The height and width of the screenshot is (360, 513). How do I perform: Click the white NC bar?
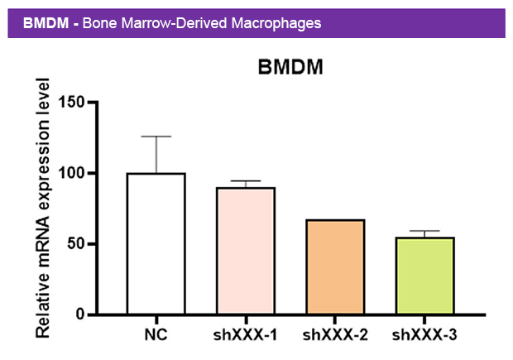coord(156,244)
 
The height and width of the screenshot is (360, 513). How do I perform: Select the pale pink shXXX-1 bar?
coord(245,251)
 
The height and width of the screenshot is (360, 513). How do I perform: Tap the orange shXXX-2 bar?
coord(334,266)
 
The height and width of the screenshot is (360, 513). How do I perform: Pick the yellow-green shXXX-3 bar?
coord(424,276)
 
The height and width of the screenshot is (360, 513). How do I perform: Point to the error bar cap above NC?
coord(156,137)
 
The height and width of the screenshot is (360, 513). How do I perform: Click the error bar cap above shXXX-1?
coord(245,181)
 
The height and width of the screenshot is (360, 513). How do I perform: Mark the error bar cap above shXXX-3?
coord(424,231)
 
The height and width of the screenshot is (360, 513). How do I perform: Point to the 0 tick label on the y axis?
coord(79,314)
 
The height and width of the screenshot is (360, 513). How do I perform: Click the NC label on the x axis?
coord(156,335)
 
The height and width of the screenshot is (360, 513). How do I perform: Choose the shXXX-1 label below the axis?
coord(245,335)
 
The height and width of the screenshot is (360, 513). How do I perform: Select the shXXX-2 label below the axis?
coord(334,335)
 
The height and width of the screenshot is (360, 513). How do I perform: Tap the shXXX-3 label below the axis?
coord(424,335)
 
